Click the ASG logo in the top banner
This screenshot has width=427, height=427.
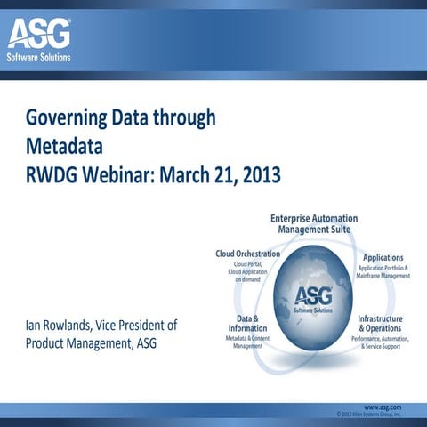coord(40,36)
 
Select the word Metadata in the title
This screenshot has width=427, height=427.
coord(64,145)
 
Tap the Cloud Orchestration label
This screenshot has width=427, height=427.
coord(248,254)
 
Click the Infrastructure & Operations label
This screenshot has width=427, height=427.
coord(380,322)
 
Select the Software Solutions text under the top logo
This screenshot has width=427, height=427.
coord(40,59)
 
